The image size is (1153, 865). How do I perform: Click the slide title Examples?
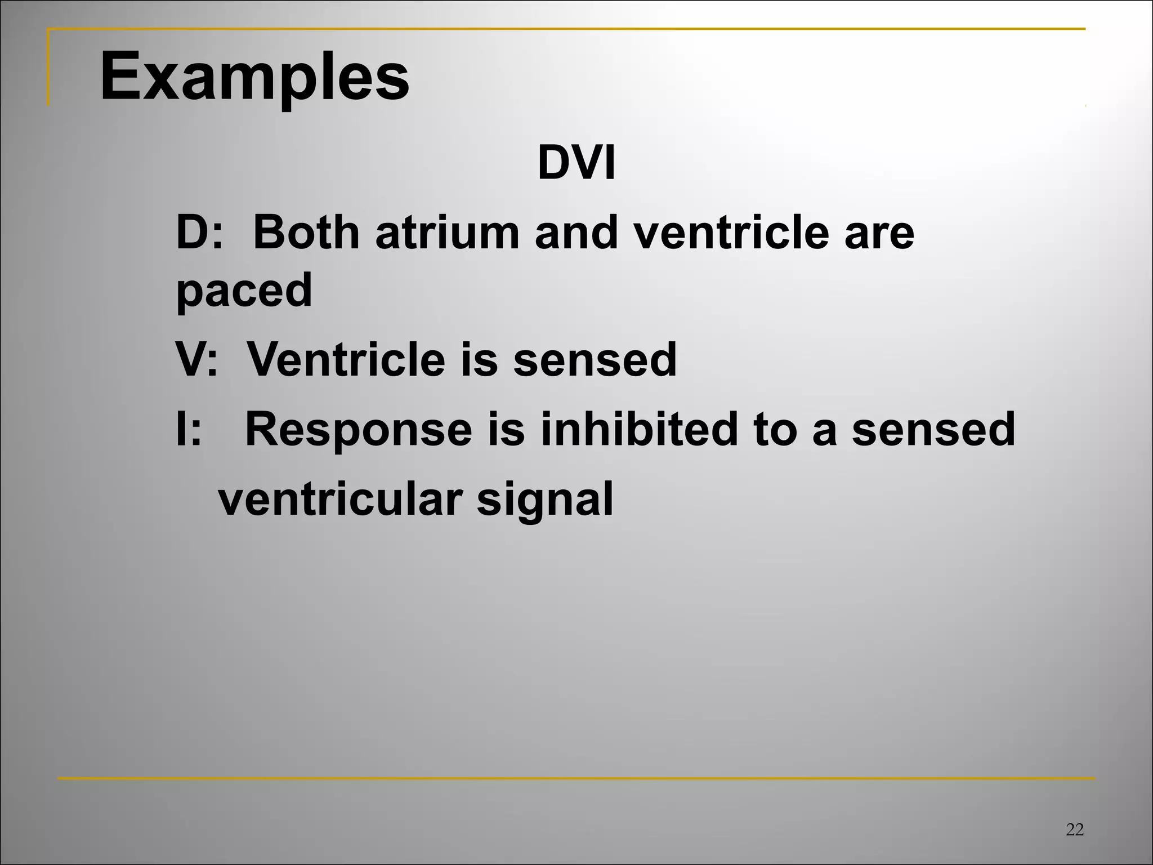click(254, 76)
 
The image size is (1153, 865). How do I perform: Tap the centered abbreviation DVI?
click(576, 164)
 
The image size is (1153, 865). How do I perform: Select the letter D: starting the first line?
click(199, 233)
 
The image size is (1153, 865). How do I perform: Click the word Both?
click(306, 233)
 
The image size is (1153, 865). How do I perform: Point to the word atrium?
click(447, 233)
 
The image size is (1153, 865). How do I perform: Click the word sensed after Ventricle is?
click(595, 359)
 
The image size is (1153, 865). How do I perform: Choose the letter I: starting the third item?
click(188, 429)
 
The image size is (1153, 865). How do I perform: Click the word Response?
click(358, 429)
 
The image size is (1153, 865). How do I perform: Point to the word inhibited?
click(638, 429)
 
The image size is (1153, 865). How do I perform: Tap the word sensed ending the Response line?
click(933, 429)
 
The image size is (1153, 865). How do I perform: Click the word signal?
click(544, 499)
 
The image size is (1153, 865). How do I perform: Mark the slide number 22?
click(1075, 830)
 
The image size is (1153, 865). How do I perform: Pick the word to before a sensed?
click(775, 429)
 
